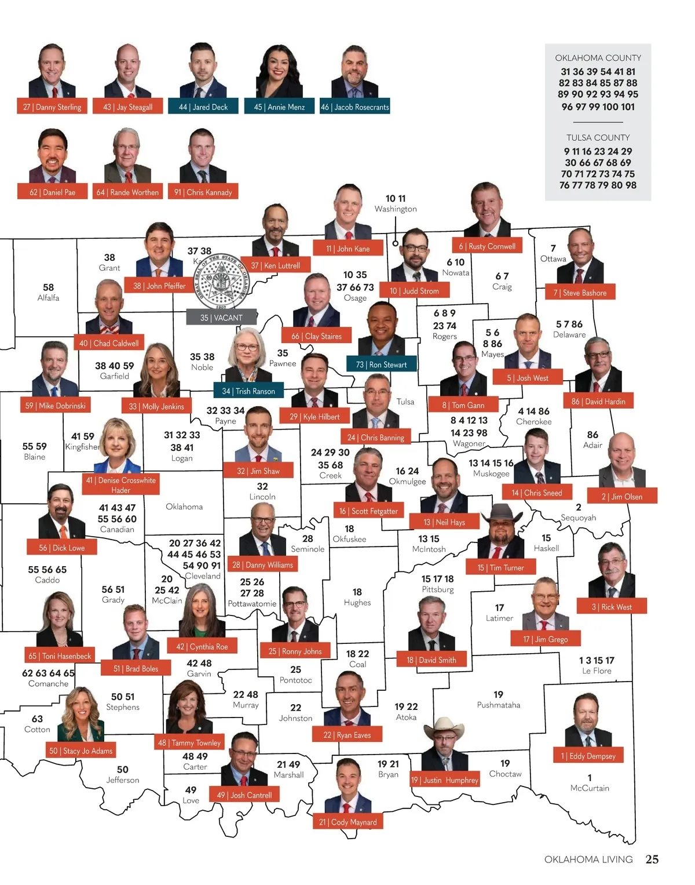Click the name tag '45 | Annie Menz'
click(x=279, y=107)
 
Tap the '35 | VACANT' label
click(x=221, y=318)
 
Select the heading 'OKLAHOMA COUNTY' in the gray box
click(x=598, y=58)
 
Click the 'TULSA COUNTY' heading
click(x=598, y=137)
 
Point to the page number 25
click(x=652, y=859)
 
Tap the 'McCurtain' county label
click(x=590, y=788)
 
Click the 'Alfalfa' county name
click(x=48, y=298)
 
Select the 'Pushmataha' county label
click(x=498, y=705)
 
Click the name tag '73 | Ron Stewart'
click(x=381, y=365)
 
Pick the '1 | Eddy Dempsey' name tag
click(x=588, y=756)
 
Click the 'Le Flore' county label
click(x=597, y=671)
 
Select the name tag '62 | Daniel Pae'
click(x=52, y=192)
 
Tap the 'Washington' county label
click(x=396, y=209)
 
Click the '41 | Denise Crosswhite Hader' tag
click(x=120, y=485)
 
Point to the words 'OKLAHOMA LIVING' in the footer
click(x=588, y=859)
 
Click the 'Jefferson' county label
click(x=122, y=780)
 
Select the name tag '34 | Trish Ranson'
click(x=248, y=391)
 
